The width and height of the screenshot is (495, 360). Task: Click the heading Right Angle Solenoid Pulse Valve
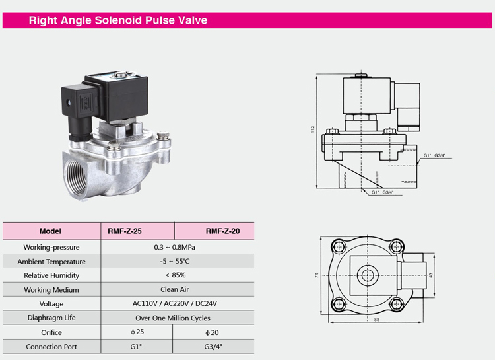[118, 20]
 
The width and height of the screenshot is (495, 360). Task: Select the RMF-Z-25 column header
[124, 231]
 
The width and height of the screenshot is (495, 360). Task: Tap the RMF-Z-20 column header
[222, 231]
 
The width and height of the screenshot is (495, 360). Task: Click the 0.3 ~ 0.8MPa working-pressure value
[175, 247]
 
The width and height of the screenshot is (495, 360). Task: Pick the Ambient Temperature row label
[51, 262]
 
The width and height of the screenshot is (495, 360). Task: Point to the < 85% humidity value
[176, 275]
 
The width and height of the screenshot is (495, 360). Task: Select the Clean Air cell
[175, 289]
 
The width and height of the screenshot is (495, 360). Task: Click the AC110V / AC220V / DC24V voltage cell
[175, 303]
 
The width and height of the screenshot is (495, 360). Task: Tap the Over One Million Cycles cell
[173, 318]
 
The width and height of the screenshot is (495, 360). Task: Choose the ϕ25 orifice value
[137, 332]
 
